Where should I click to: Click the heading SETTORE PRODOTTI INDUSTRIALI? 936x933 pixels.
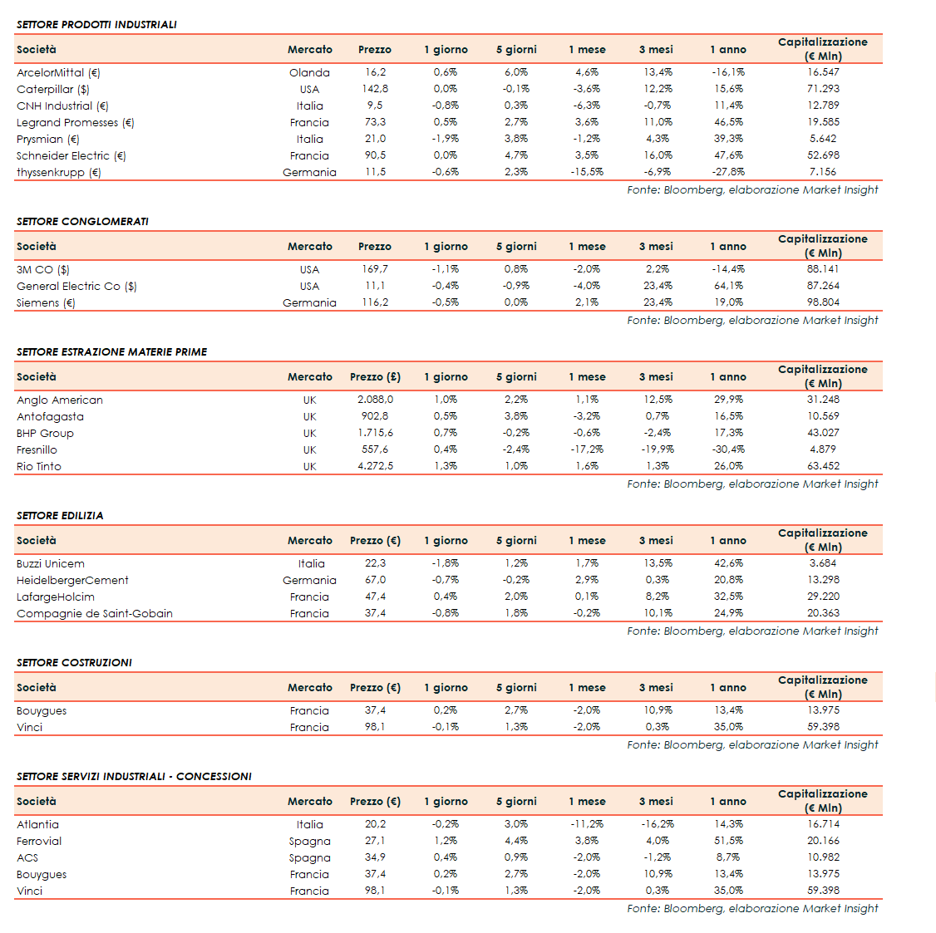click(96, 24)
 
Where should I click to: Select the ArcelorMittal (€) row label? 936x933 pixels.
click(58, 72)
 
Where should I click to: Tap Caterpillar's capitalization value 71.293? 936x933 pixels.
click(823, 89)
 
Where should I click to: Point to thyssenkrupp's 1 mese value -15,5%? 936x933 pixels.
click(587, 172)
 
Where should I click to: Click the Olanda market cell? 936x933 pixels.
click(309, 72)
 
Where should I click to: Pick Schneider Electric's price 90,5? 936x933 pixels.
click(375, 155)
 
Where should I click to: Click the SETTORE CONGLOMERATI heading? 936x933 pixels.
click(82, 221)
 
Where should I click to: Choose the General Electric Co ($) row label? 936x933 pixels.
click(76, 286)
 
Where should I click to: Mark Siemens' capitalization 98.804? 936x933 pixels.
click(823, 302)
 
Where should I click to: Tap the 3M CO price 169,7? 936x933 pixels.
click(375, 269)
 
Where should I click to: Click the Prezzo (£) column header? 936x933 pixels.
click(375, 376)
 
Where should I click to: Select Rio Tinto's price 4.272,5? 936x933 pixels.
click(375, 466)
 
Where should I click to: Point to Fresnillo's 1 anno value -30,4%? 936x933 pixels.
click(728, 449)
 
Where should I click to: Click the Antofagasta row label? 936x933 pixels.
click(50, 416)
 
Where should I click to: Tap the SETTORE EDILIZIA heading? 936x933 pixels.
click(60, 515)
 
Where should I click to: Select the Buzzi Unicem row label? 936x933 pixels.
click(51, 563)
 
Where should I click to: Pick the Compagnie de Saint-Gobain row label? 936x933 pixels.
click(95, 613)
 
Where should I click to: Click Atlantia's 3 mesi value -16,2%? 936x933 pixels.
click(658, 824)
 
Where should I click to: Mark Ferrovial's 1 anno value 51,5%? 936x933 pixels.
click(728, 841)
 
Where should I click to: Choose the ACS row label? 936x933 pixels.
click(27, 857)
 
